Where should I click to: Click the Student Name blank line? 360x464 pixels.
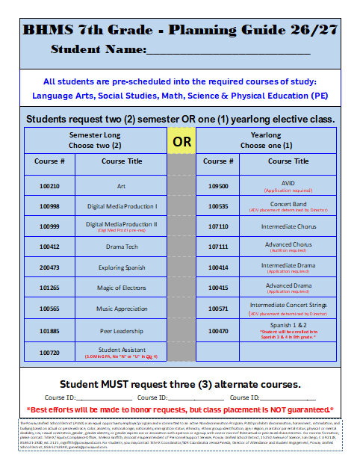[x=228, y=51]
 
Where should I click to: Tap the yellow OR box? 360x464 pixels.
[x=181, y=140]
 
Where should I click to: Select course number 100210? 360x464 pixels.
[x=50, y=185]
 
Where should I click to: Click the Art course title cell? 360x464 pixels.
[x=121, y=185]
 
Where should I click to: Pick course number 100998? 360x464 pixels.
[x=50, y=205]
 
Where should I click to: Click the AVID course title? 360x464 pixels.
[x=288, y=182]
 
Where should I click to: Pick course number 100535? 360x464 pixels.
[x=218, y=205]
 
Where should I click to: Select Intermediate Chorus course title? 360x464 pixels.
[x=288, y=226]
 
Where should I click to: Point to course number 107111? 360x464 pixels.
[x=218, y=246]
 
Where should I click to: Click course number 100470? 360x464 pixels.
[x=218, y=330]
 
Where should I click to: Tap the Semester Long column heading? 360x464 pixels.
[x=95, y=134]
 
